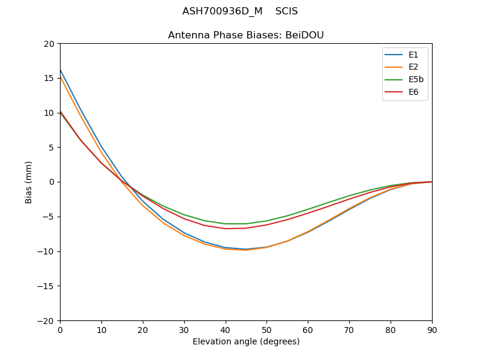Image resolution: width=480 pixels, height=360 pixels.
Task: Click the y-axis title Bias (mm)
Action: pyautogui.click(x=29, y=182)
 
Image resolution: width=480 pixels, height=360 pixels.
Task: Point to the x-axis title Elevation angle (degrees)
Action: pyautogui.click(x=246, y=342)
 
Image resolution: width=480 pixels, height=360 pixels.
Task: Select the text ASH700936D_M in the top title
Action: pyautogui.click(x=222, y=11)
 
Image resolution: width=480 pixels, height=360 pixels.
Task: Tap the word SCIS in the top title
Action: pyautogui.click(x=286, y=11)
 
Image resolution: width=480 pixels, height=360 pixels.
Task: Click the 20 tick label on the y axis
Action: pyautogui.click(x=49, y=43)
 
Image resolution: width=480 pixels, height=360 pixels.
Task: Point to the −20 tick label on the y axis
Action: pyautogui.click(x=46, y=320)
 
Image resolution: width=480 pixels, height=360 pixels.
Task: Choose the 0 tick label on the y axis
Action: pyautogui.click(x=52, y=182)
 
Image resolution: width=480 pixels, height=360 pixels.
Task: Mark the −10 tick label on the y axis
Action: pyautogui.click(x=46, y=251)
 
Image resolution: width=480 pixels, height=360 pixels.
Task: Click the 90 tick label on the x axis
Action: pyautogui.click(x=432, y=329)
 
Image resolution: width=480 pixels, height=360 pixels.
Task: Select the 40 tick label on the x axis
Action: pyautogui.click(x=226, y=329)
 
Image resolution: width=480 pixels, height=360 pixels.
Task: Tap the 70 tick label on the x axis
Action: pyautogui.click(x=349, y=329)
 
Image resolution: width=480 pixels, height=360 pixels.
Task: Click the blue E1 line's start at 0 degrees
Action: pyautogui.click(x=61, y=70)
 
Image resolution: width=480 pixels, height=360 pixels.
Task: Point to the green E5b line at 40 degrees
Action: pyautogui.click(x=226, y=224)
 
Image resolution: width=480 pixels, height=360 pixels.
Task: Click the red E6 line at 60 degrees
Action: pyautogui.click(x=308, y=213)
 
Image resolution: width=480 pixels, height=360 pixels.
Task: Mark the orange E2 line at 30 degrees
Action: pyautogui.click(x=184, y=235)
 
